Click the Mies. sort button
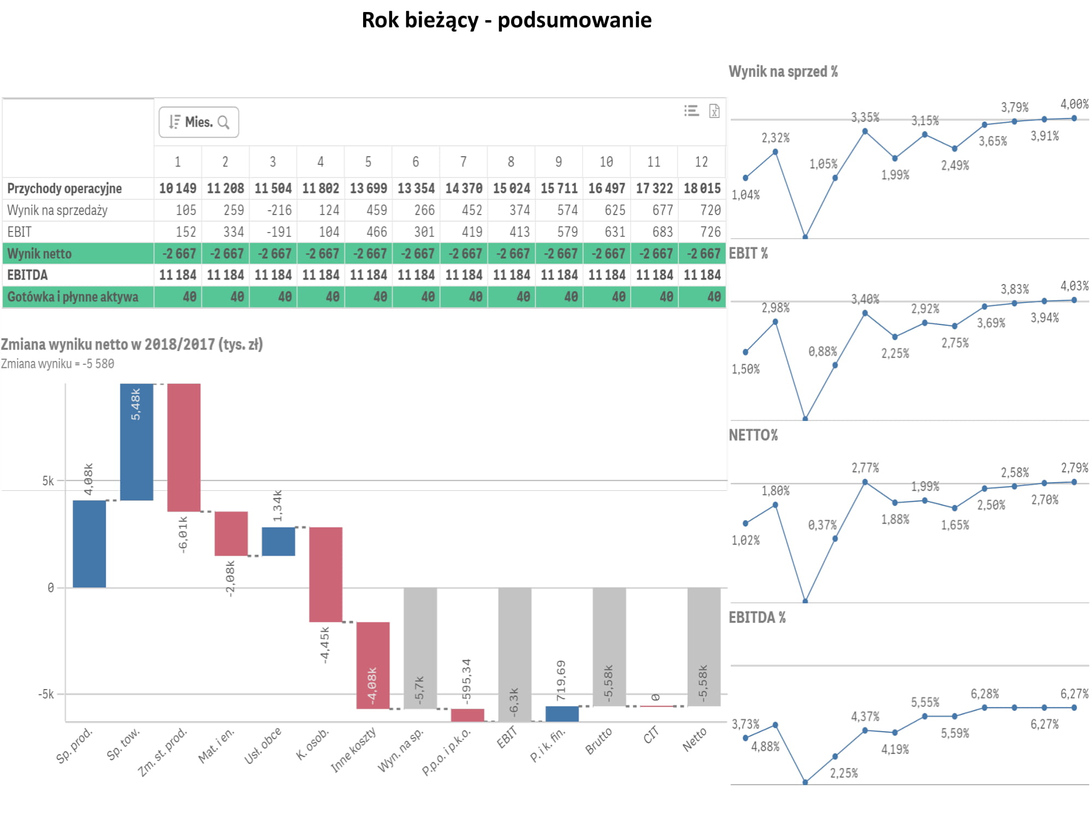(198, 122)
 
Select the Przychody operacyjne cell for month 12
(702, 188)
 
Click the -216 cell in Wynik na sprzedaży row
(279, 210)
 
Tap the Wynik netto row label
(39, 254)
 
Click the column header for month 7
(463, 162)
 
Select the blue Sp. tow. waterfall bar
(136, 442)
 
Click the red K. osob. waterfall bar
(325, 574)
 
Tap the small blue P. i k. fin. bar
(562, 714)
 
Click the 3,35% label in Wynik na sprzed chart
(865, 117)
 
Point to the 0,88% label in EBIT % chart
(822, 352)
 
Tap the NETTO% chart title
(753, 435)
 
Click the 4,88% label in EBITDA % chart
(765, 746)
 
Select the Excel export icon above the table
(714, 111)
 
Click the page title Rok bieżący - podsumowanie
(506, 20)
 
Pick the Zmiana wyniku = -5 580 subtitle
(57, 364)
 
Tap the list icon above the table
(691, 111)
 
